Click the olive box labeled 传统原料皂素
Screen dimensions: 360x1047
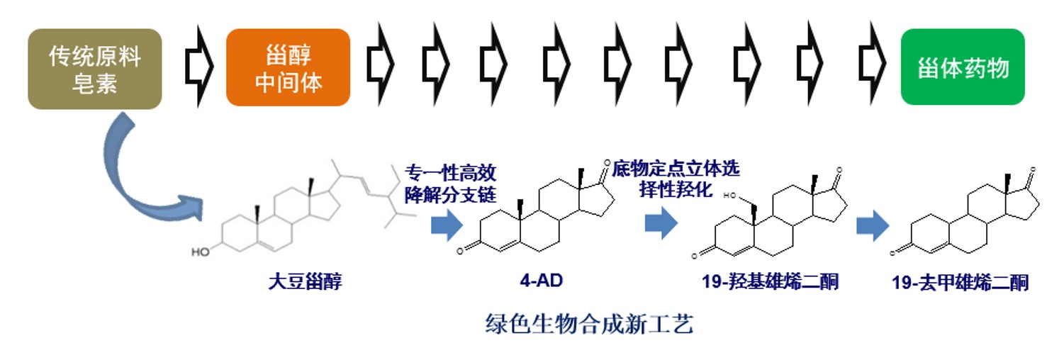(95, 69)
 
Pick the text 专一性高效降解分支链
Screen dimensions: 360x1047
(450, 184)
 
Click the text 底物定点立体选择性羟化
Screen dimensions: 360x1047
(676, 179)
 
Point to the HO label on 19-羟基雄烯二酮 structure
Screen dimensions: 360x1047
(729, 196)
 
